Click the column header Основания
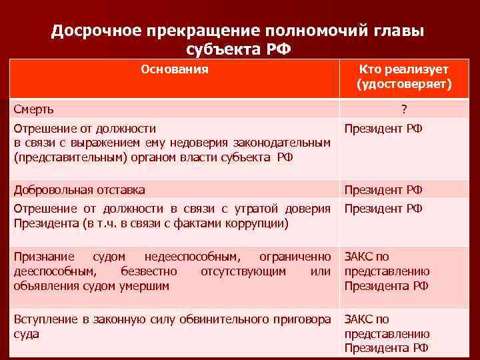tap(175, 69)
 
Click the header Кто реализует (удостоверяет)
tap(403, 77)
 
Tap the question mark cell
tap(403, 109)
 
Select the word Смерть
tap(35, 109)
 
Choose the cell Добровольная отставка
tap(79, 190)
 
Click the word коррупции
tap(259, 223)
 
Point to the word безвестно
tap(149, 271)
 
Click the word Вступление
tap(45, 319)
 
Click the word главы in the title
tap(399, 31)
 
